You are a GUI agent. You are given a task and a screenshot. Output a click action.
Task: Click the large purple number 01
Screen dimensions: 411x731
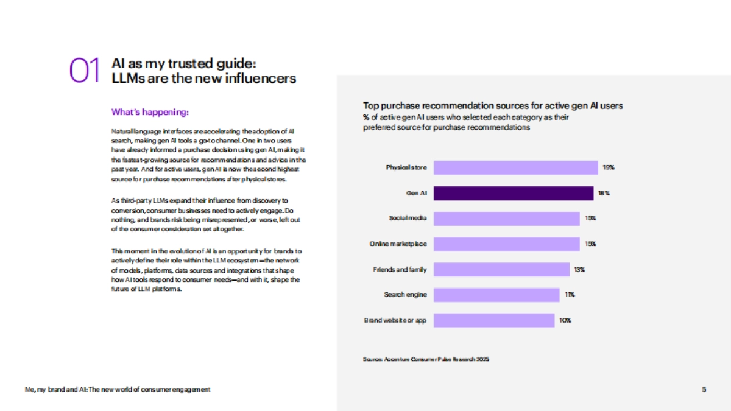[84, 71]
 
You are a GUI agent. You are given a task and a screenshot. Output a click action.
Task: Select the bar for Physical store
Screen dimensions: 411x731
[515, 167]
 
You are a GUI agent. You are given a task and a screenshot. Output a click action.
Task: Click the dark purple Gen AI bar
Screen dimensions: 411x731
[513, 193]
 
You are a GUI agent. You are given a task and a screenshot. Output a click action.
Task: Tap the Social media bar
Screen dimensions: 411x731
[506, 218]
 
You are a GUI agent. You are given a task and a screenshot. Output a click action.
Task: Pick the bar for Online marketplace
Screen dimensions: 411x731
[506, 244]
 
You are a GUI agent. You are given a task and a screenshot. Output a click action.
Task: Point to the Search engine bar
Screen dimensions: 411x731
[496, 295]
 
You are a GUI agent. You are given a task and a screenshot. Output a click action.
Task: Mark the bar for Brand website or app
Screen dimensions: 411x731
[493, 320]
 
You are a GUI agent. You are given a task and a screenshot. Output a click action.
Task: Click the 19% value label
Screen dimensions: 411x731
[608, 167]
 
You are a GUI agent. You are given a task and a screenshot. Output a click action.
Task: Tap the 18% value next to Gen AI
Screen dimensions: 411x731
[604, 193]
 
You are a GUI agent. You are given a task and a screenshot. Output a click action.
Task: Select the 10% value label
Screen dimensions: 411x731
[565, 320]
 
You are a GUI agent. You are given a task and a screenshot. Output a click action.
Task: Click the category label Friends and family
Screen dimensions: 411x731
[400, 269]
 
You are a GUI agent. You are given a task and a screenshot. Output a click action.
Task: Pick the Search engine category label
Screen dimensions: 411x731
[405, 295]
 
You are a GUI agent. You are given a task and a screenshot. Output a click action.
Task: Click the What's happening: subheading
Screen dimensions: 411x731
[150, 112]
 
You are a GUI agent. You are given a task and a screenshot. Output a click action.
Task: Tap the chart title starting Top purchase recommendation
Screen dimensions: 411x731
[493, 105]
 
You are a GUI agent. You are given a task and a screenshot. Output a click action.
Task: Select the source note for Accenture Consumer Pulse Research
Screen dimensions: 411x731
[426, 359]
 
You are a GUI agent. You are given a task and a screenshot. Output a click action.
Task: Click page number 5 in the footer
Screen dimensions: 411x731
[704, 389]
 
